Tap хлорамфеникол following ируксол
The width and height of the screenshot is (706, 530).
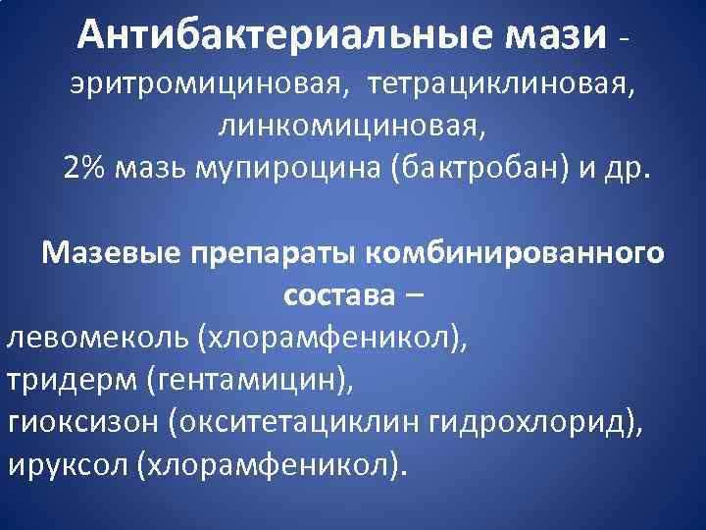tap(271, 462)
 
